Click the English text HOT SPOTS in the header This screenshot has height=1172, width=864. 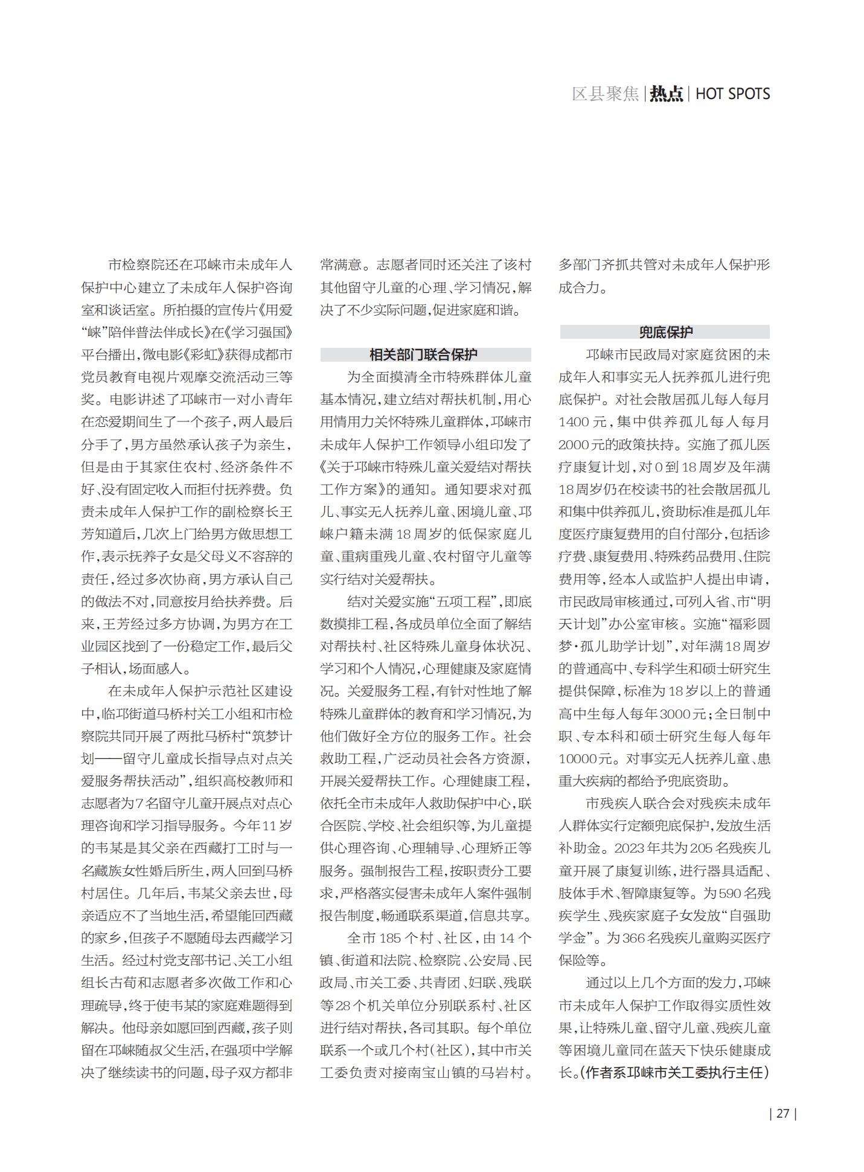point(732,94)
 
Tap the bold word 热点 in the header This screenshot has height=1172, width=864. point(666,94)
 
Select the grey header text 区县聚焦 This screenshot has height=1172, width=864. point(605,94)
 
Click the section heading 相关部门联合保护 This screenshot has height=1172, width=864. point(425,354)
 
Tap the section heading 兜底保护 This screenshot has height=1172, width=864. point(665,332)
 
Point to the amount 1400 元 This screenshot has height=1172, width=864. point(583,422)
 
